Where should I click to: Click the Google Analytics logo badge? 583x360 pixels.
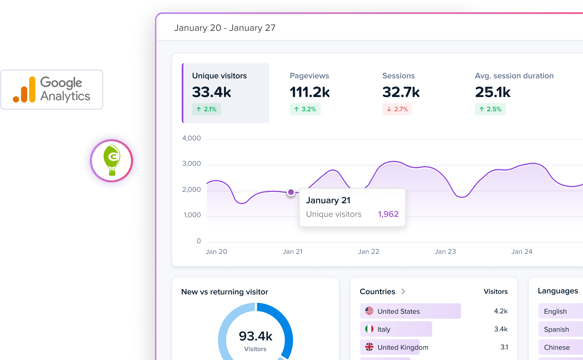tap(52, 89)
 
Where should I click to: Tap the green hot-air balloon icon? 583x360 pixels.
tap(112, 160)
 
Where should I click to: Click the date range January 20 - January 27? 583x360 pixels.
tap(225, 28)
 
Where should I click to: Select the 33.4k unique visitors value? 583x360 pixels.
tap(212, 92)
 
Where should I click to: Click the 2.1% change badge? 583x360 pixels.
tap(206, 109)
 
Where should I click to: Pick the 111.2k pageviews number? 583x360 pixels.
tap(310, 92)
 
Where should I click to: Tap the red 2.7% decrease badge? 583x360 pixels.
tap(397, 109)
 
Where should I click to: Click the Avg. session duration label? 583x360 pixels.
tap(514, 76)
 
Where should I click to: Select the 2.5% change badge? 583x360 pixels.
tap(490, 109)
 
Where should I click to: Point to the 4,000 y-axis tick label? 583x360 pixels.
tap(191, 138)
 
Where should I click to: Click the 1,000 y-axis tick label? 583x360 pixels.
tap(192, 215)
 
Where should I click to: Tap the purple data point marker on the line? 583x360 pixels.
tap(291, 192)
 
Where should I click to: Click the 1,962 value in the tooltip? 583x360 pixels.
tap(388, 214)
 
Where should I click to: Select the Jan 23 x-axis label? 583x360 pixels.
tap(445, 252)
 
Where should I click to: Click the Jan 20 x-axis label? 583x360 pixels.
tap(216, 252)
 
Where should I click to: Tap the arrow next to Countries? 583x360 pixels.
tap(403, 291)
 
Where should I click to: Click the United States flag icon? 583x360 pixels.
tap(369, 311)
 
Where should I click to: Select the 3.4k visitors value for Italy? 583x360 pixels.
tap(501, 329)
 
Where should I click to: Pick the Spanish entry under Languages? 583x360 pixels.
tap(556, 329)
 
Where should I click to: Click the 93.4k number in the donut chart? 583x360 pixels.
tap(255, 336)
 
